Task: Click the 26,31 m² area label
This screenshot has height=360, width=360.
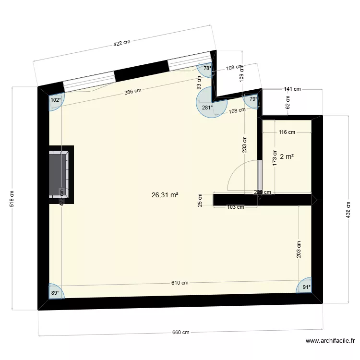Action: click(x=165, y=195)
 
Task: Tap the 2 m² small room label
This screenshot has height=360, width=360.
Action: click(x=287, y=156)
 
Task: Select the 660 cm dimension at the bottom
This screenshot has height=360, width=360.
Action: click(x=180, y=333)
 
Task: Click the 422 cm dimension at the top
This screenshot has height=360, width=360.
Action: click(x=121, y=43)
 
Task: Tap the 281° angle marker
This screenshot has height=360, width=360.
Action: click(x=207, y=108)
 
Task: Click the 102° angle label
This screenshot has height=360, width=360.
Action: click(x=56, y=100)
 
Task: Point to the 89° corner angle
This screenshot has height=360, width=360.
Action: click(x=56, y=292)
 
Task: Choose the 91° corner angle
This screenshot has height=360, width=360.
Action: click(x=306, y=288)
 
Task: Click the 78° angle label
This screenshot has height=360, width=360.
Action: click(x=207, y=69)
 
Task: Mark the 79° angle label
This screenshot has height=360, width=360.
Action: click(x=253, y=99)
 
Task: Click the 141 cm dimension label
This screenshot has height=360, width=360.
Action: click(x=292, y=89)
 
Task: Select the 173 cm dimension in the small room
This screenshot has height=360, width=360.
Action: click(x=275, y=156)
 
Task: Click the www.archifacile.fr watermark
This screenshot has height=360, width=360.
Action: click(x=330, y=341)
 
